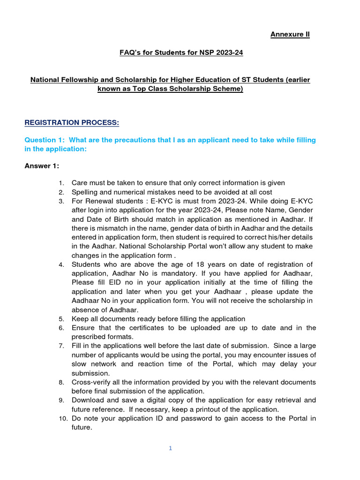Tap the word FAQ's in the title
(132, 52)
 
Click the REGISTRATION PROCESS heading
(72, 123)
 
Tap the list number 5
(61, 319)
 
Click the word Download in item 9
(87, 400)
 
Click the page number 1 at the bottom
(171, 448)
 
